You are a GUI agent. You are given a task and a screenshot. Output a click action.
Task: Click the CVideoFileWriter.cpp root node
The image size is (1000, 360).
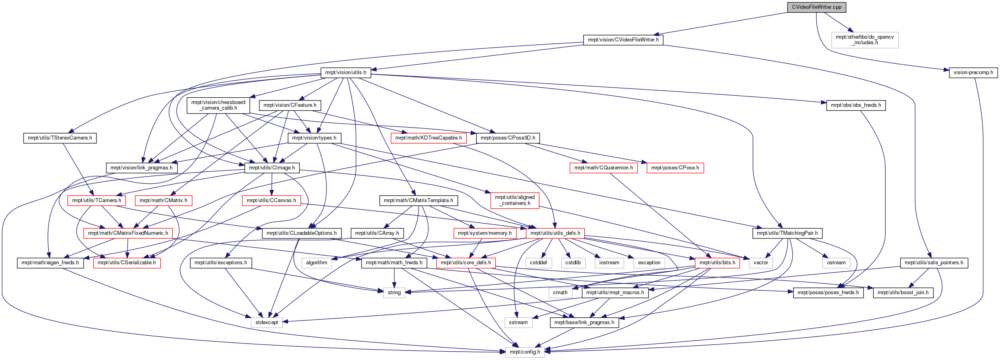click(x=816, y=7)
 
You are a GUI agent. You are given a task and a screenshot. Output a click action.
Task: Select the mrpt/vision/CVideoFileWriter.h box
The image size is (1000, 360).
click(x=623, y=40)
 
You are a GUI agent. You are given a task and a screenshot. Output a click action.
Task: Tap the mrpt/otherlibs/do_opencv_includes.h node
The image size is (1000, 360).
click(x=865, y=40)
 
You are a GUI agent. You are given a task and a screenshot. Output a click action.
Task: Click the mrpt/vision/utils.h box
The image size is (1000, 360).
click(x=346, y=73)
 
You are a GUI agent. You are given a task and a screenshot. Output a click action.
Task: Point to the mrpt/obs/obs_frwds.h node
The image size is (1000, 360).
click(x=856, y=105)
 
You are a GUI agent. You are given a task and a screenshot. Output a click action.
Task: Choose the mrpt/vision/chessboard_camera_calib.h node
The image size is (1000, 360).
click(x=218, y=105)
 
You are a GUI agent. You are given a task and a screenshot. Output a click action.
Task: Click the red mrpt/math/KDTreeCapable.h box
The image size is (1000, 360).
click(x=428, y=138)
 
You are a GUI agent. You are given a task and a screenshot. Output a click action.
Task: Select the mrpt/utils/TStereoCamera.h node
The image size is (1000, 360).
click(x=60, y=138)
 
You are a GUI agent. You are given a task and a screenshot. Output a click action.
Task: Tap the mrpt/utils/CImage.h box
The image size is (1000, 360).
click(x=272, y=168)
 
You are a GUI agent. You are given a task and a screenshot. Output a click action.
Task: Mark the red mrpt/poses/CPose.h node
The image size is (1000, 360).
click(x=675, y=168)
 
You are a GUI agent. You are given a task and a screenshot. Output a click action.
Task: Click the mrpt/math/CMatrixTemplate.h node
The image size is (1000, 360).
click(x=418, y=201)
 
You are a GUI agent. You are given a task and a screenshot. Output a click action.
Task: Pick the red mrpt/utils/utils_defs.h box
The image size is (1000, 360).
click(x=555, y=233)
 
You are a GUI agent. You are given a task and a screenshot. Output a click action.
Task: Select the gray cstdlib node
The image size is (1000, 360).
click(x=573, y=263)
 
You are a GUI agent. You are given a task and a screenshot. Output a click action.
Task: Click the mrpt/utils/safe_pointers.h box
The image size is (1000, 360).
click(x=934, y=263)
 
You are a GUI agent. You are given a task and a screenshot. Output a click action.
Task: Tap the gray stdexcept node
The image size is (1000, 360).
click(x=267, y=323)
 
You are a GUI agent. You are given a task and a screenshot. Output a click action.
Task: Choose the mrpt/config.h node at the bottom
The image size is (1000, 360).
click(x=525, y=352)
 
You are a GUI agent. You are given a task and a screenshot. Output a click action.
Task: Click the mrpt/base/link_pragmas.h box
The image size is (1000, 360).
click(x=584, y=323)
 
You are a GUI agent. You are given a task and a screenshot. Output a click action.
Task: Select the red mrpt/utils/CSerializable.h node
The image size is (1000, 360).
click(x=127, y=263)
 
